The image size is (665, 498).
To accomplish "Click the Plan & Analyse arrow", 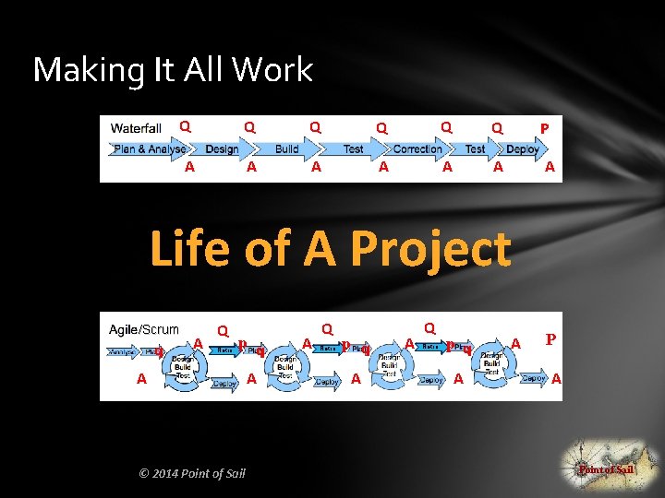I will (x=149, y=148).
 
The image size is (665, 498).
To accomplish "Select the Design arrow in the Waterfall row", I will (x=222, y=148).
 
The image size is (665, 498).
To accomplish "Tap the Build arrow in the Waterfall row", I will (x=286, y=148).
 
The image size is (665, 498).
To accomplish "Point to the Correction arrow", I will (x=417, y=148).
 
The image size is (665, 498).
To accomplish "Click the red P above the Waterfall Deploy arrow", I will (x=545, y=128).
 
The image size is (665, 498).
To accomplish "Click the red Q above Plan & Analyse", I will (x=185, y=125).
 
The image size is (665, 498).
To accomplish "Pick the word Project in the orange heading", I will (x=431, y=248).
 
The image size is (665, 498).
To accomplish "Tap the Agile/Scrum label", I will (x=144, y=328).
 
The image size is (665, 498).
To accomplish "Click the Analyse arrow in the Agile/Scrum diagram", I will (x=122, y=351).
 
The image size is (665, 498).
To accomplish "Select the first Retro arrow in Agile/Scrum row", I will (x=225, y=350).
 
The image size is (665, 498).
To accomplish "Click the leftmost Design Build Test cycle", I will (x=183, y=366).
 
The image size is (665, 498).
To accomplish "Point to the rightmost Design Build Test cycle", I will (x=492, y=366).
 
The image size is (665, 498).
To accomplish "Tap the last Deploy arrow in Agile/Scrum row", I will (x=535, y=378).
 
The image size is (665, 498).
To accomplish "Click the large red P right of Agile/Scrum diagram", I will (x=550, y=339).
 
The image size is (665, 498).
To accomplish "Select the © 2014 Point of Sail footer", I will (x=191, y=473).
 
